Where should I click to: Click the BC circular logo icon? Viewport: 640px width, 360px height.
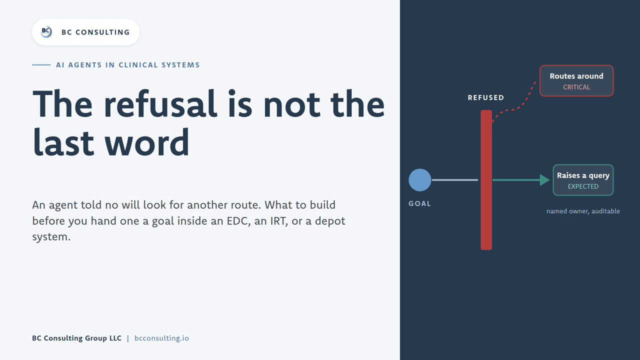[x=46, y=32]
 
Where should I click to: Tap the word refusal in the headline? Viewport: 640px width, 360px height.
[x=160, y=104]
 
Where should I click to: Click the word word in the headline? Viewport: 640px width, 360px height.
[x=147, y=142]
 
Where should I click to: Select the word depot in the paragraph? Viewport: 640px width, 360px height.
[x=330, y=221]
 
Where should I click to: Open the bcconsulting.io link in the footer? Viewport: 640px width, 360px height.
[x=161, y=338]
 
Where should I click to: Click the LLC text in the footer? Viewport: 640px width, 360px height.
[x=115, y=338]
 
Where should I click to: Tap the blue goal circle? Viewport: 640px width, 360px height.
[x=419, y=180]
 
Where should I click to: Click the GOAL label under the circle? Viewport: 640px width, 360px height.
[x=419, y=203]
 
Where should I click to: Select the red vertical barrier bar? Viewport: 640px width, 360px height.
[x=486, y=180]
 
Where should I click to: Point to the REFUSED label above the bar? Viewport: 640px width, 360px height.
[x=486, y=97]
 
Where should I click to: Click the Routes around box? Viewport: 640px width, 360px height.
[x=576, y=81]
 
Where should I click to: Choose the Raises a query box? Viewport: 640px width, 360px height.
[x=583, y=180]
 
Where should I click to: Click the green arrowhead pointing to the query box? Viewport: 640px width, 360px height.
[x=544, y=180]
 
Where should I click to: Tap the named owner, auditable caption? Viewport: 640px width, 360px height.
[x=583, y=211]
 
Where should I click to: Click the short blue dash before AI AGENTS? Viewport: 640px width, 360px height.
[x=41, y=65]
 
